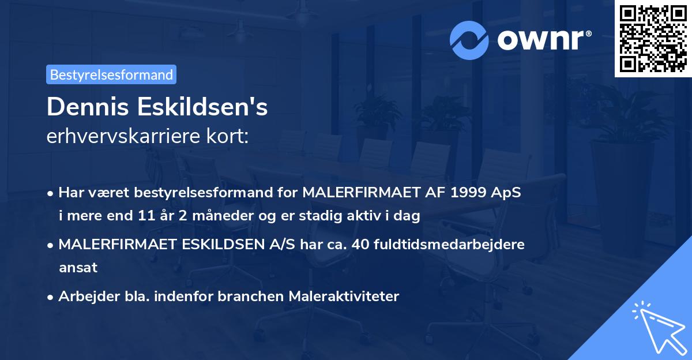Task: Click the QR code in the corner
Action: click(653, 39)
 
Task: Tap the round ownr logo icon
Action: click(469, 40)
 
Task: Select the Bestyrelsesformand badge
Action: click(111, 74)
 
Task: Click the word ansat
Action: click(78, 268)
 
